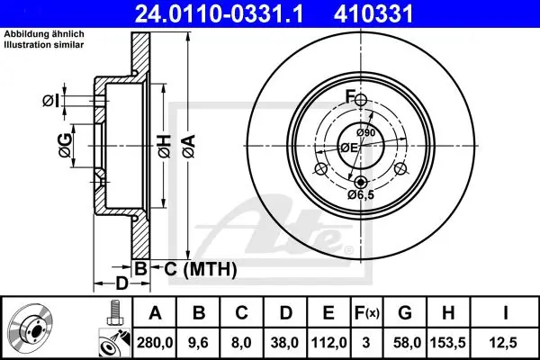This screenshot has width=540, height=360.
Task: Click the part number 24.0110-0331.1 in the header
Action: click(220, 14)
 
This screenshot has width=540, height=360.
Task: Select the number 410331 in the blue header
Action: click(373, 14)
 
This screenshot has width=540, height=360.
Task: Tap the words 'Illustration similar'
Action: click(44, 45)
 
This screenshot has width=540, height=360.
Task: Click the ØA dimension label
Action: click(189, 146)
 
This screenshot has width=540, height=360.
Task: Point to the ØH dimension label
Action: click(165, 146)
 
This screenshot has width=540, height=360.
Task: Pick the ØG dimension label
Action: click(66, 146)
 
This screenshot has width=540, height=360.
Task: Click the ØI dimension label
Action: click(51, 101)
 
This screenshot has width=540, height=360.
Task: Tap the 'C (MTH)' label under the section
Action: click(200, 269)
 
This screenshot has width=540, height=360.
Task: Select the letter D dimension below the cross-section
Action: click(121, 283)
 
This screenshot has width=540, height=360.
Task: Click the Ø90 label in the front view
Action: click(365, 132)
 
